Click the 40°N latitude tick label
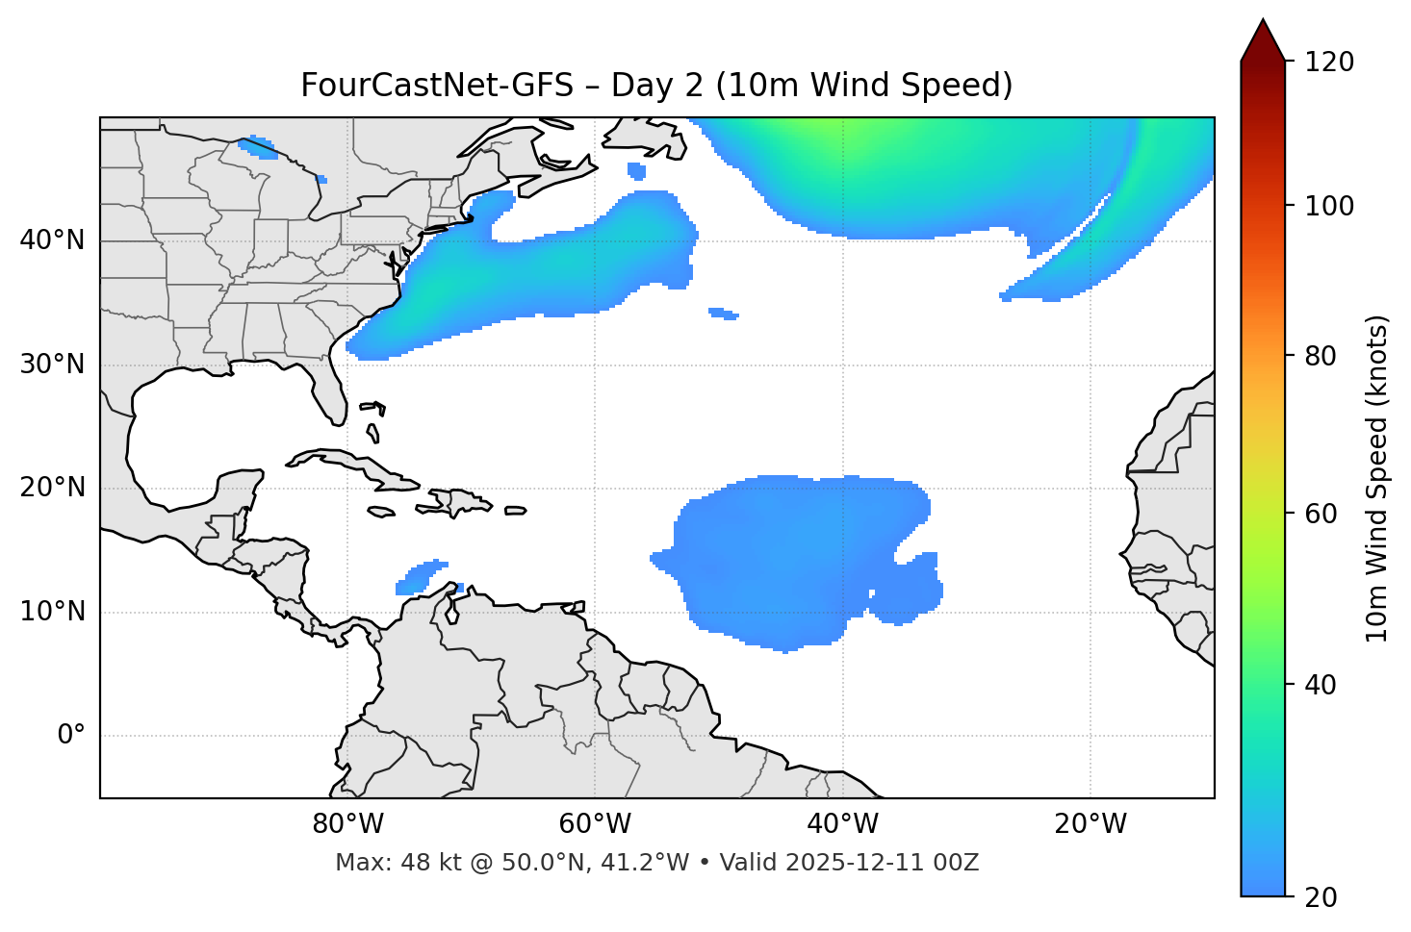(52, 240)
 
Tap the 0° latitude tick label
(71, 736)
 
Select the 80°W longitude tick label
(347, 824)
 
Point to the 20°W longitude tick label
(1090, 824)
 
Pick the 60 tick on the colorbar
(1323, 514)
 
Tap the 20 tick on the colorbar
(1323, 897)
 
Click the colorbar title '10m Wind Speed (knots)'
(1377, 479)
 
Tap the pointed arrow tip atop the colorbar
(1263, 24)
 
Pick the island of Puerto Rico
(516, 511)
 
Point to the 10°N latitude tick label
(52, 613)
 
